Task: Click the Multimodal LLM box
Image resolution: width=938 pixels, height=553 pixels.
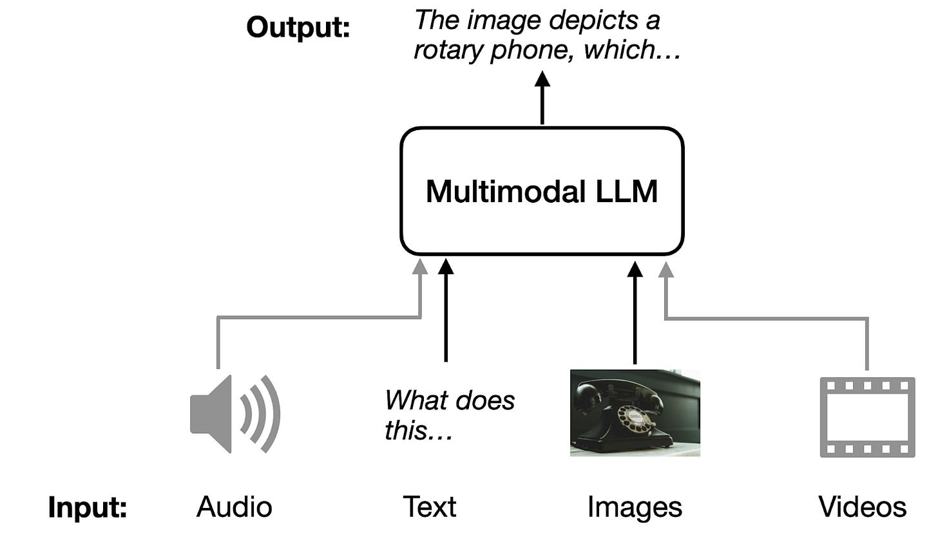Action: coord(541,191)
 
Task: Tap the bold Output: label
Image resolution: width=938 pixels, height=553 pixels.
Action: coord(298,28)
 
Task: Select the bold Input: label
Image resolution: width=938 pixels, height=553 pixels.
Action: coord(88,507)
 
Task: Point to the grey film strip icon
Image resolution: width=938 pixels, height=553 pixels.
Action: coord(867,417)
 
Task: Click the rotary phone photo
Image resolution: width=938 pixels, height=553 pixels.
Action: coord(635,413)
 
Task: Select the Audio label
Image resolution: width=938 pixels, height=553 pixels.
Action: coord(235,507)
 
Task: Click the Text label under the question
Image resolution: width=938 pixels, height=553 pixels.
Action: coord(430,507)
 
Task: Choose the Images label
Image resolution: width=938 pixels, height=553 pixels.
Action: coord(635,507)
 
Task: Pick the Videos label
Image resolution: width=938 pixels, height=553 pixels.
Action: coord(862,507)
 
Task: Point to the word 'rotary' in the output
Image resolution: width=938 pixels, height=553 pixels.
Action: coord(449,50)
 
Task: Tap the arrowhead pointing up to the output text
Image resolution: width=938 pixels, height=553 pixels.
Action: coord(542,80)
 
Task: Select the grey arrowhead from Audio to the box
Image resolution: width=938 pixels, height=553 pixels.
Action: coord(420,267)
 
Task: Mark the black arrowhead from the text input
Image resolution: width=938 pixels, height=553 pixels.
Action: coord(446,266)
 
